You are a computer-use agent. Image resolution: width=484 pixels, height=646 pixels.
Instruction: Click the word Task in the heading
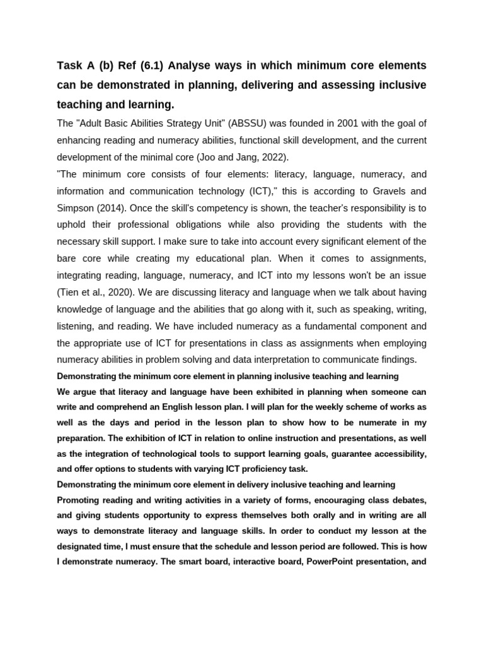tap(71, 66)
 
